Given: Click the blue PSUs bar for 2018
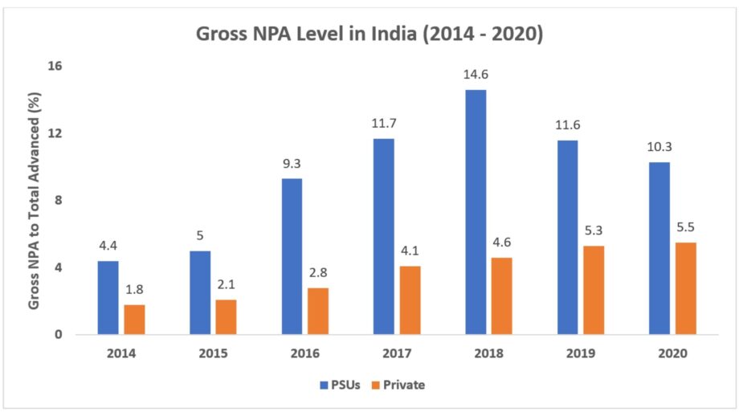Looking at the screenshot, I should click(x=476, y=212).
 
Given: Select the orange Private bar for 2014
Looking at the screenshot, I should click(x=134, y=320).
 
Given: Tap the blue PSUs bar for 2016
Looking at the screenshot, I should click(x=292, y=256).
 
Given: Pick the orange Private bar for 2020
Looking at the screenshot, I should click(x=685, y=288).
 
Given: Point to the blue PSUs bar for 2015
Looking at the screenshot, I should click(x=200, y=292).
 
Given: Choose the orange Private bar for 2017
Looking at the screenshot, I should click(x=410, y=300).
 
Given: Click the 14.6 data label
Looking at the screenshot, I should click(x=476, y=74).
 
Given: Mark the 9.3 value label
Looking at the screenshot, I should click(x=292, y=163).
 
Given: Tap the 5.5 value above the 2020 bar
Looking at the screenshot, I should click(x=685, y=227).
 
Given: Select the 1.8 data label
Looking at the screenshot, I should click(x=134, y=289).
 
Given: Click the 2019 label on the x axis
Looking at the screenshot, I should click(x=581, y=353).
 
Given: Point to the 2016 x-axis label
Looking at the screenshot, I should click(x=305, y=353).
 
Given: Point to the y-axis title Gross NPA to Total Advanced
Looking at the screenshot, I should click(x=35, y=201).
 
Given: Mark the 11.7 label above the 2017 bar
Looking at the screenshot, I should click(x=383, y=123).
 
